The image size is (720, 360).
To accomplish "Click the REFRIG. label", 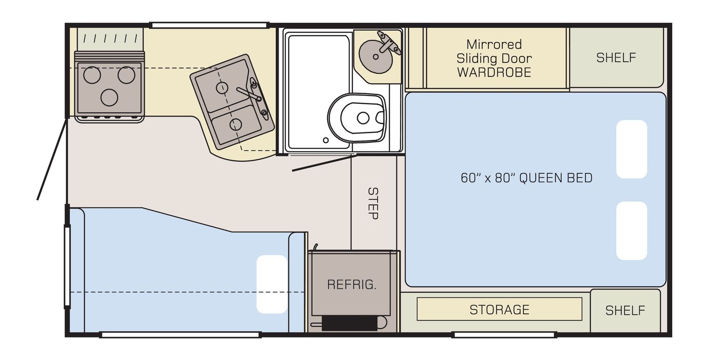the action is click(352, 284).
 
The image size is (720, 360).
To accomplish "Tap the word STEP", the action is click(373, 203).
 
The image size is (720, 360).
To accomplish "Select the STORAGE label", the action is click(499, 310).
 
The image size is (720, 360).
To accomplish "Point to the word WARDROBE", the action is click(494, 72).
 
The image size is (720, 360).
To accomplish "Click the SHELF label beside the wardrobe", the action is click(616, 58).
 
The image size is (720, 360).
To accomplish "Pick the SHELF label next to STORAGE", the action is click(625, 310).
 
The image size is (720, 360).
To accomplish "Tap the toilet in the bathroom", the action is click(357, 118).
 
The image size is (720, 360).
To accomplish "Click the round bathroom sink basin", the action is click(376, 57).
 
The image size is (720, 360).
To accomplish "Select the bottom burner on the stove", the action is click(109, 97).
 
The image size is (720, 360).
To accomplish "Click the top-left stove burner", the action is click(92, 75).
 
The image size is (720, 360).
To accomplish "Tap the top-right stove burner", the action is click(126, 75).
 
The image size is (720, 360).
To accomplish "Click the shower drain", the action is click(326, 140).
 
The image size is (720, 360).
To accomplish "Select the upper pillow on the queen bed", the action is click(632, 149).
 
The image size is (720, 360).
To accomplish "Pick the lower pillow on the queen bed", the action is click(632, 231).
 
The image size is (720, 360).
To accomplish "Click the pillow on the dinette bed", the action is click(272, 284).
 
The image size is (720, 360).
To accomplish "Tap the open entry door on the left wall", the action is click(52, 159).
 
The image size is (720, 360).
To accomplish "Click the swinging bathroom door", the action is click(324, 163).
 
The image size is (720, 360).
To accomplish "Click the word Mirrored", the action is click(494, 44).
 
